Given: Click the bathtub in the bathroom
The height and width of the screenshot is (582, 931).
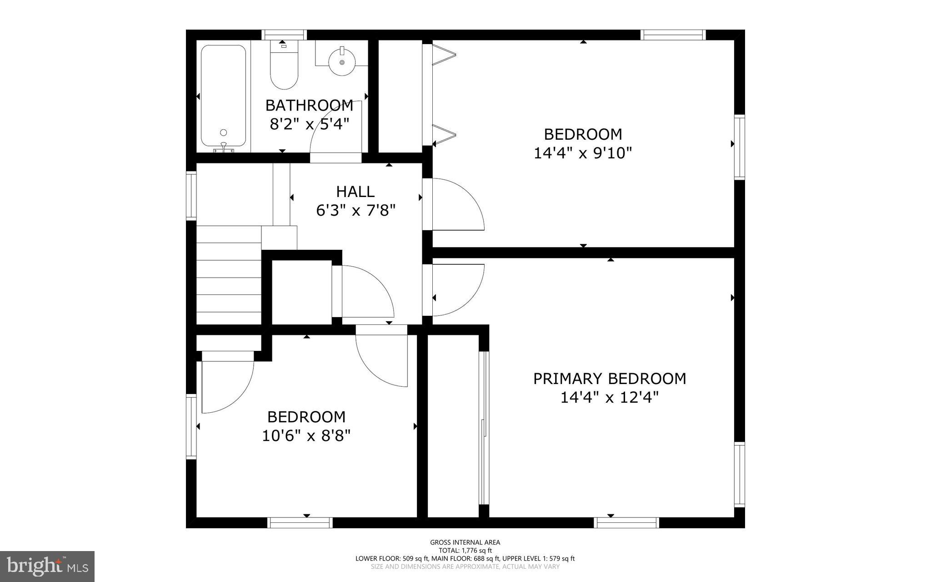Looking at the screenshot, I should [x=223, y=98].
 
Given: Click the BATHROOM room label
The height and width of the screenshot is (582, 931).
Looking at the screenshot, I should [x=309, y=106].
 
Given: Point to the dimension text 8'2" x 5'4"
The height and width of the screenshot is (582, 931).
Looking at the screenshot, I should [x=309, y=124].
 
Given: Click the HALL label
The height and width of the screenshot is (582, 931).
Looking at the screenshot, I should [x=355, y=192].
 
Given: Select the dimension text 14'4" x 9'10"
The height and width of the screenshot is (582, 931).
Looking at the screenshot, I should [x=583, y=153].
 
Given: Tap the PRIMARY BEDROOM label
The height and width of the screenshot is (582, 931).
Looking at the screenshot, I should [x=610, y=379].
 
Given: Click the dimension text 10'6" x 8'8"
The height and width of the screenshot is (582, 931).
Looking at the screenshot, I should [x=306, y=436].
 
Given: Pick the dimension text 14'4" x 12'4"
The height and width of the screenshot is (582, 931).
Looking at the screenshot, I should [x=610, y=398].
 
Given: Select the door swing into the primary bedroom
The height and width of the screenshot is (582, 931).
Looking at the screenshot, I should [x=457, y=290].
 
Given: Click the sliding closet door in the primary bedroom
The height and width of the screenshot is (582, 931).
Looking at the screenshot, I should [x=485, y=428].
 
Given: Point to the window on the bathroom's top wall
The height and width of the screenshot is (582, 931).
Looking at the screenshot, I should [x=284, y=35].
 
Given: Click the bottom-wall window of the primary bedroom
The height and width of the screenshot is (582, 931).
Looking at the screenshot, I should [x=627, y=523].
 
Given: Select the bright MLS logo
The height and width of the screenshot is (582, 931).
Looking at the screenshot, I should [x=47, y=566].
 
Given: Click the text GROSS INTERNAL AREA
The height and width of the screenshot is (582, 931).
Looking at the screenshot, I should [x=465, y=542].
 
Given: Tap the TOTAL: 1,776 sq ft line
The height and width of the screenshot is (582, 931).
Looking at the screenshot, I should [x=465, y=551].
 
